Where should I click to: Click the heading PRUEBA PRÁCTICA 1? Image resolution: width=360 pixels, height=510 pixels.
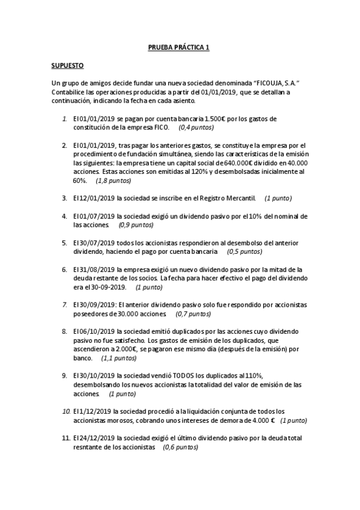pos(179,46)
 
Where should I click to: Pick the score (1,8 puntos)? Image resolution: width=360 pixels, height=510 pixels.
pos(114,180)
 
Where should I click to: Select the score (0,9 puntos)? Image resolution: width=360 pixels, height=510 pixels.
pos(136,225)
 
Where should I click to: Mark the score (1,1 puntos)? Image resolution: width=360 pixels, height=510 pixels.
pos(119,358)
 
